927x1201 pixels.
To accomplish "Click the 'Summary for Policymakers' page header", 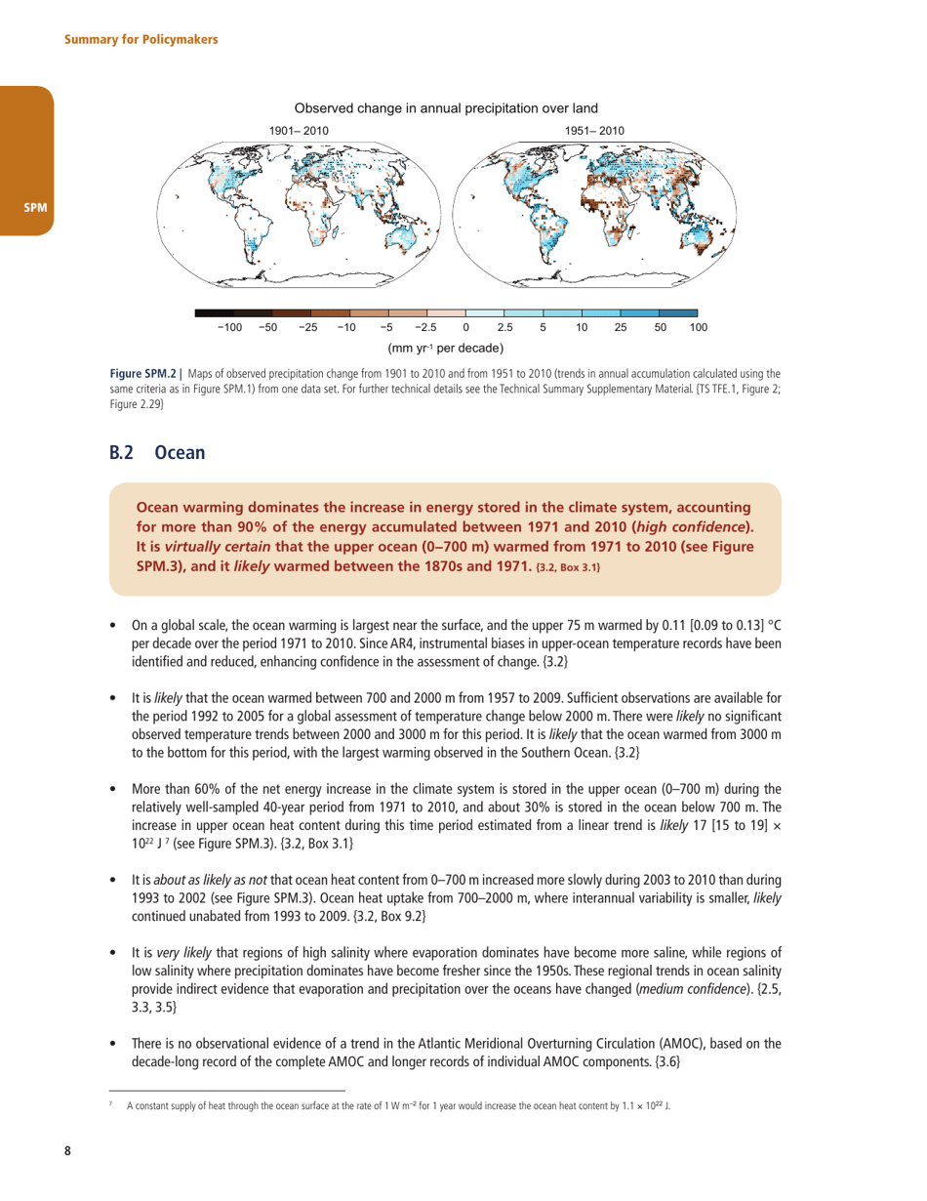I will (x=141, y=39).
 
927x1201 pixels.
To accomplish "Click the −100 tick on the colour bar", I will (x=228, y=327).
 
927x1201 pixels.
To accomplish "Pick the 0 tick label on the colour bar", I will (x=465, y=327).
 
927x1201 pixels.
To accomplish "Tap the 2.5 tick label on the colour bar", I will (x=504, y=327).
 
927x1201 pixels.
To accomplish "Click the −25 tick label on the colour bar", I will (x=307, y=327).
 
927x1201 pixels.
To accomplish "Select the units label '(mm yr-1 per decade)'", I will (x=445, y=348).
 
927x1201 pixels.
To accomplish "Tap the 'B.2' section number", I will (x=123, y=453).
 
